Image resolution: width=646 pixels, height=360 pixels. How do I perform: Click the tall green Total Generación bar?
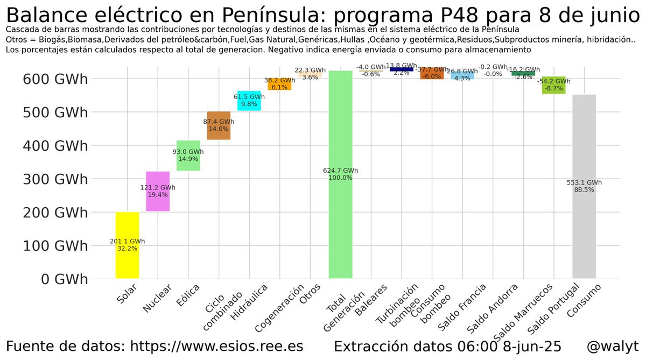[x=340, y=226]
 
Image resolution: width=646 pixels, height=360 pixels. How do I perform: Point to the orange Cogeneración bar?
[x=279, y=87]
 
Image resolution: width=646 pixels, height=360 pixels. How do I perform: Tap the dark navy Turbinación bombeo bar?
[x=401, y=69]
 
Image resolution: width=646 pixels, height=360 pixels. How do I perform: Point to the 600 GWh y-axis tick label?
[x=55, y=79]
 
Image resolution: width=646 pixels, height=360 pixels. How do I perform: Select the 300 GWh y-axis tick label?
[x=55, y=179]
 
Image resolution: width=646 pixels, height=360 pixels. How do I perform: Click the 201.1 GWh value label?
[x=127, y=242]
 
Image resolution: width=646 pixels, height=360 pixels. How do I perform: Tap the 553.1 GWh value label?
[x=584, y=182]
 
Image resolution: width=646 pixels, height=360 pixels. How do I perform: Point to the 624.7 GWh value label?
[x=340, y=171]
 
